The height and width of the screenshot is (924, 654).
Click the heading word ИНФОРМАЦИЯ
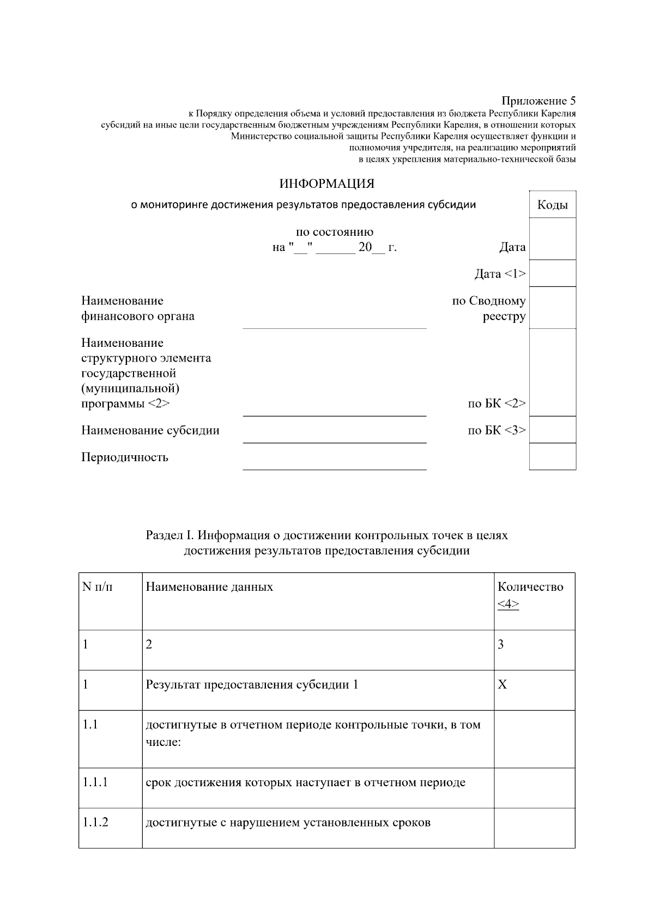click(326, 184)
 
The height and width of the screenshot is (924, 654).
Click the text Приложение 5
click(538, 101)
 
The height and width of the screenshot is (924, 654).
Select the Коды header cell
click(552, 205)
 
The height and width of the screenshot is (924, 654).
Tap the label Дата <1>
click(500, 273)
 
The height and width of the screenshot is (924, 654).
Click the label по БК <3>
click(496, 430)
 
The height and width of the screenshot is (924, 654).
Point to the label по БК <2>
click(496, 403)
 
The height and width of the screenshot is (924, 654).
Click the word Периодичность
click(125, 457)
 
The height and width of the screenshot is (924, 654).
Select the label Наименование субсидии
click(150, 430)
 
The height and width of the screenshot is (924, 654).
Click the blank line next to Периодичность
click(334, 463)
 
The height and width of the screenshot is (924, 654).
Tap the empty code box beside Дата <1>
click(552, 273)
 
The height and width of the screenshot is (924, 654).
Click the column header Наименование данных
click(209, 586)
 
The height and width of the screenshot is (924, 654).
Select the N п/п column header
click(98, 586)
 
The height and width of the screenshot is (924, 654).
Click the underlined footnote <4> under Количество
click(508, 604)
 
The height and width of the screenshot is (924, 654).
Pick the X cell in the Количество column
click(502, 684)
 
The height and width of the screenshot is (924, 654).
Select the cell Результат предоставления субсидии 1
click(252, 684)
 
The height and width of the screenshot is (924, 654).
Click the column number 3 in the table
click(501, 645)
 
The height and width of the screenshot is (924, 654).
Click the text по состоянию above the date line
click(334, 232)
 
